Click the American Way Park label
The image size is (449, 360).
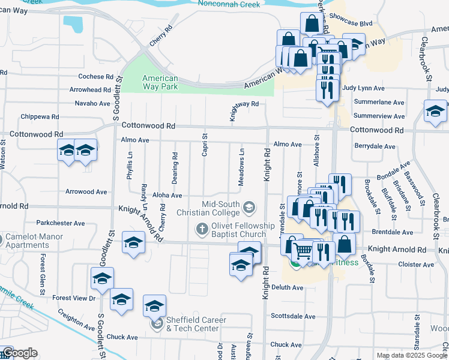point(160,83)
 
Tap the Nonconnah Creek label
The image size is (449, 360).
point(229,4)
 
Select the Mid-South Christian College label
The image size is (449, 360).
point(208,208)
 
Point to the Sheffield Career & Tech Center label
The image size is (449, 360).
point(196,324)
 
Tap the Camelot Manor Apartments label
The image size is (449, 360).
point(35,241)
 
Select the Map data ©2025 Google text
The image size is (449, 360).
point(412,355)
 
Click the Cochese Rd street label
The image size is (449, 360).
point(95,77)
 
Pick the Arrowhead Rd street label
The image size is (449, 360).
point(90,89)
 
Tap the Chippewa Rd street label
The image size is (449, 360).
point(40,116)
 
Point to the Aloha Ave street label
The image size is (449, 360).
point(167,196)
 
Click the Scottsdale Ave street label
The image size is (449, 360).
point(293,316)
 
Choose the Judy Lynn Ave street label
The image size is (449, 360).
point(363,88)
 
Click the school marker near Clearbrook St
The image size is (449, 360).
point(435,112)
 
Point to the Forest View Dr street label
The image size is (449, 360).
point(74,298)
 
